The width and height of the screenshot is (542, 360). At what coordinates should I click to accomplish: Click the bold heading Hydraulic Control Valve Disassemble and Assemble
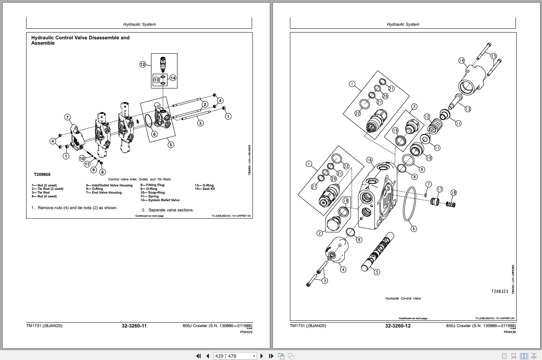pos(80,40)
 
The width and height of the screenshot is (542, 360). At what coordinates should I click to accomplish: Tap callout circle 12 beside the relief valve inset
pos(143,64)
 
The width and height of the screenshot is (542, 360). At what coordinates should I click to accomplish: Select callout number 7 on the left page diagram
pos(67,117)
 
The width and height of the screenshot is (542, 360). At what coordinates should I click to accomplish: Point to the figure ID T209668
pos(42,174)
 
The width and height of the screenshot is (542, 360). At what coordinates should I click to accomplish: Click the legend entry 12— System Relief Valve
pos(160,200)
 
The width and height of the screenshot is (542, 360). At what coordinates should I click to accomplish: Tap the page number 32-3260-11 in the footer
pos(134,326)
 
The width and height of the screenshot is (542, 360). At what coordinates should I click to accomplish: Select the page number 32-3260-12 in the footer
pos(397,326)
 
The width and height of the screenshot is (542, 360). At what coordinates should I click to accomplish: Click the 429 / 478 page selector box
pos(235,356)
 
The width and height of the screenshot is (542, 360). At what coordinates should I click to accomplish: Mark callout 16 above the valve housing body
pos(369,160)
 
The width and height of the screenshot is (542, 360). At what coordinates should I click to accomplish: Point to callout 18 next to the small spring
pos(453,192)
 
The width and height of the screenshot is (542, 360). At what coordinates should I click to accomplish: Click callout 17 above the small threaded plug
pos(439,189)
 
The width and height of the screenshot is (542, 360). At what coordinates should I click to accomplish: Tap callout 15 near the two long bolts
pos(494,56)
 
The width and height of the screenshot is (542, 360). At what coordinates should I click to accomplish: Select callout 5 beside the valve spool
pos(377,272)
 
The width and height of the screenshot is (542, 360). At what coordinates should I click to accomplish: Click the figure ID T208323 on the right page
pos(500,291)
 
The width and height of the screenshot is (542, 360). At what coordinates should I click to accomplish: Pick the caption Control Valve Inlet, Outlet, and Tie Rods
pos(139,179)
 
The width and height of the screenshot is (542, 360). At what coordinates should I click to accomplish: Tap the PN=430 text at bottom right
pos(509,332)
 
